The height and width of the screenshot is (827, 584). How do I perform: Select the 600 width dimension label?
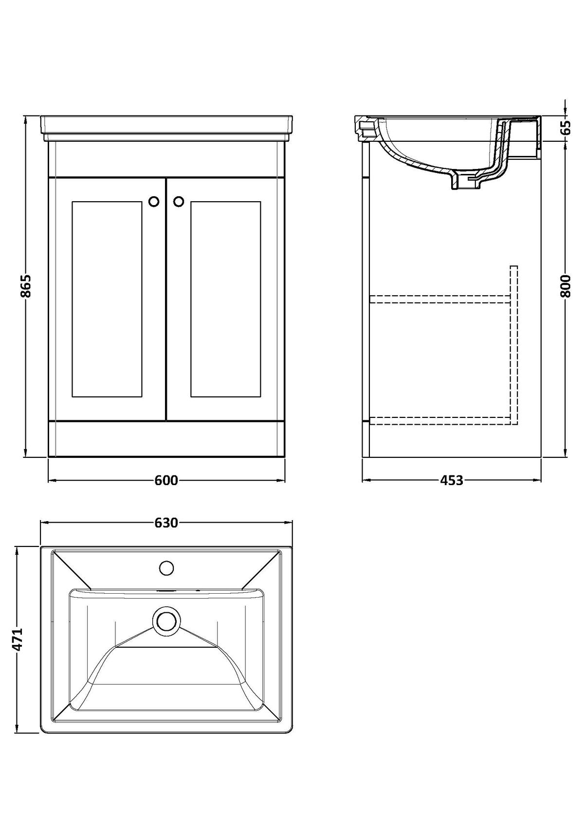pyautogui.click(x=166, y=480)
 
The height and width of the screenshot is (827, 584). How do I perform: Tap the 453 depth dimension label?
pyautogui.click(x=452, y=480)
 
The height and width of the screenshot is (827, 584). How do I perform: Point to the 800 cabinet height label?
pyautogui.click(x=565, y=286)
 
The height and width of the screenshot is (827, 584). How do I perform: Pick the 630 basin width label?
pyautogui.click(x=166, y=523)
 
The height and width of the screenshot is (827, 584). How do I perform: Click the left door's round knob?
pyautogui.click(x=154, y=201)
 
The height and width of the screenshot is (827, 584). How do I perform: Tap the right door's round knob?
pyautogui.click(x=179, y=201)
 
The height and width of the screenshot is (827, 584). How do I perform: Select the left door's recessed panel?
pyautogui.click(x=108, y=300)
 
